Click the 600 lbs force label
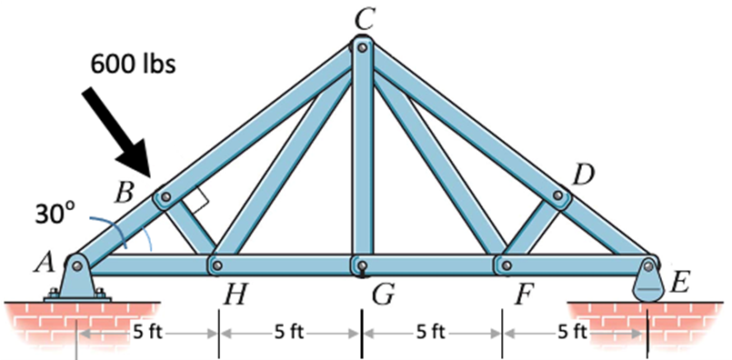133,65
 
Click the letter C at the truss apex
362,15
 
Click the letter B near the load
125,192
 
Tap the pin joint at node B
164,195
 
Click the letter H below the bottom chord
232,295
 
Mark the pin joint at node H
217,265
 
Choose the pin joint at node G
361,265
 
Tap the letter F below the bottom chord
520,295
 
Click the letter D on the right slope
584,175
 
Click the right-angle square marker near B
202,193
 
